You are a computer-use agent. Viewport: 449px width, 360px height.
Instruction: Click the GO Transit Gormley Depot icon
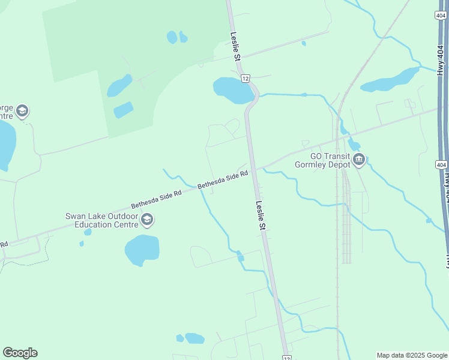point(359,159)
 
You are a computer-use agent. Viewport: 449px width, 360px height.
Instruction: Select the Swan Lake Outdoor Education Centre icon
point(146,221)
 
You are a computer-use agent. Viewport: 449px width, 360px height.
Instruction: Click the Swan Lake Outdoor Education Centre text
point(100,220)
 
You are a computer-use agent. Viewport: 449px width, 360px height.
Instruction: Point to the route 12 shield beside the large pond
point(245,78)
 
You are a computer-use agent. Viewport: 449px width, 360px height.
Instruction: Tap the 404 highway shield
point(441,164)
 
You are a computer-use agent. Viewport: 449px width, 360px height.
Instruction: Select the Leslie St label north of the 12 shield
point(235,47)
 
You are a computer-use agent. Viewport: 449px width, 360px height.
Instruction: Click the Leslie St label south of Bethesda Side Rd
point(260,215)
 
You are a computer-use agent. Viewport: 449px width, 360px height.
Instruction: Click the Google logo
point(20,353)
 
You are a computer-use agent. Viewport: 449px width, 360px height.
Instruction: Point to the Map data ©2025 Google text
point(412,355)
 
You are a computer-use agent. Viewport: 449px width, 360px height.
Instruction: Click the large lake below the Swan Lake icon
point(142,250)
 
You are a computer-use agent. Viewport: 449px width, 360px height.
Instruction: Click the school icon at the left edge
point(22,111)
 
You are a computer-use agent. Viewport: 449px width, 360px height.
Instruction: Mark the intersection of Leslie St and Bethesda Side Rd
point(254,170)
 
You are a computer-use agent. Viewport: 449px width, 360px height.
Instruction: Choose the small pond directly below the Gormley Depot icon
point(354,145)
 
